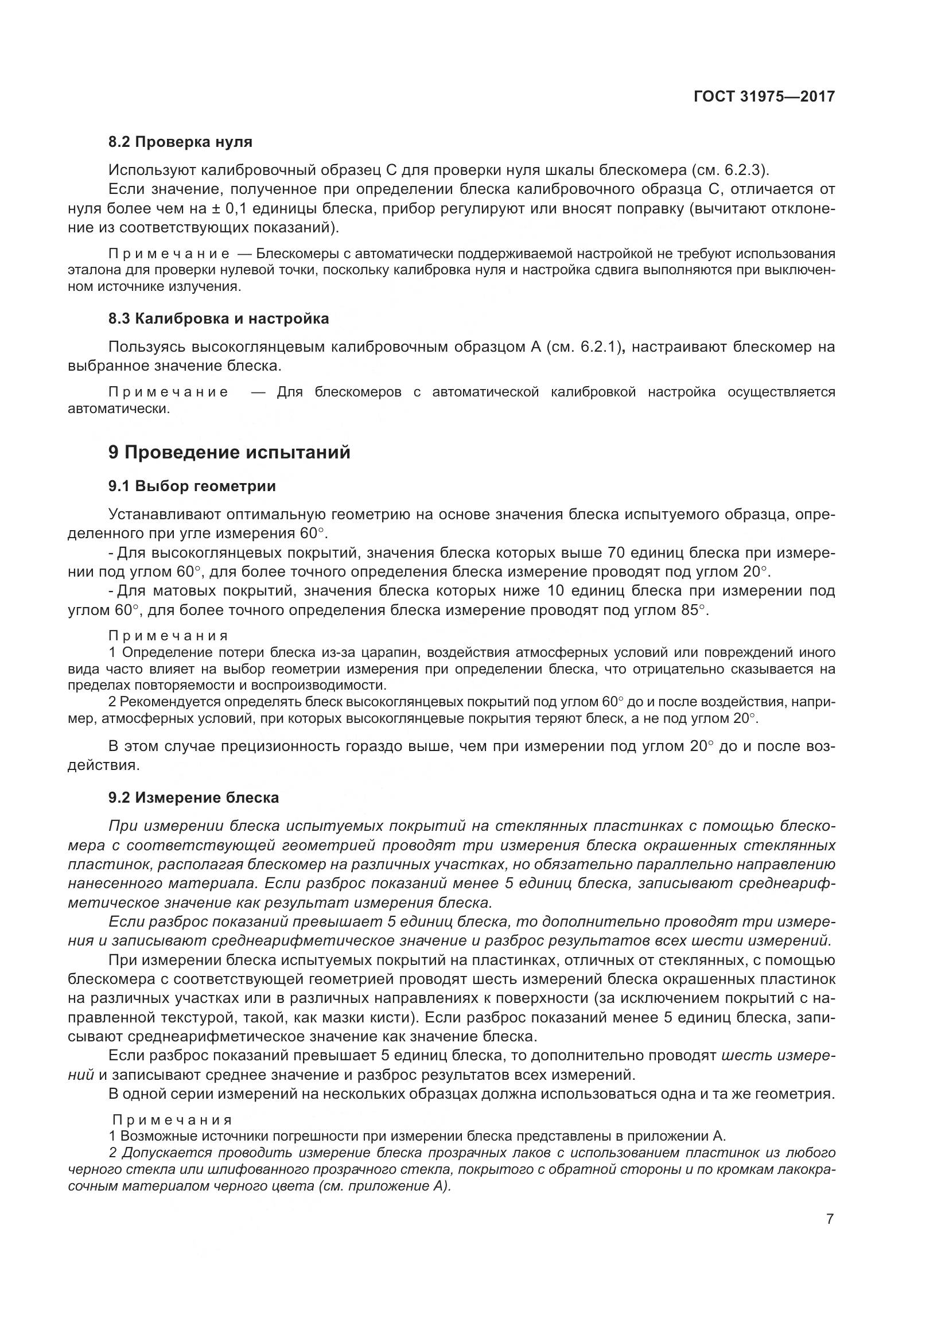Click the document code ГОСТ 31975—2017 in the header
click(x=764, y=96)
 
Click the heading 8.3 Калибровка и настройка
click(x=219, y=318)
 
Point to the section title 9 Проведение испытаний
click(x=229, y=452)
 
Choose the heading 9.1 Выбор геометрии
click(x=192, y=487)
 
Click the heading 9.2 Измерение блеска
click(x=193, y=798)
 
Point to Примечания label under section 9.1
click(x=168, y=636)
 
